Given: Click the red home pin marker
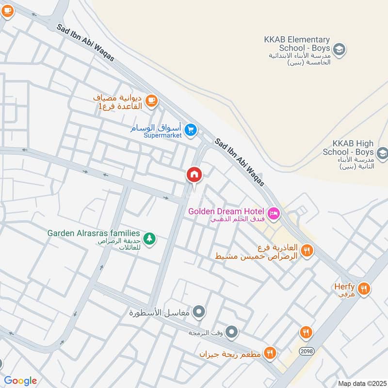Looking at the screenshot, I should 194,175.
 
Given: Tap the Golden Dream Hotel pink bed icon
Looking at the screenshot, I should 273,213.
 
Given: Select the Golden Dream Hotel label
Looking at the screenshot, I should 226,211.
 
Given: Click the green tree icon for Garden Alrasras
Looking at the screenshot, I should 150,238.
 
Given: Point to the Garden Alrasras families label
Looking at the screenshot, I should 94,233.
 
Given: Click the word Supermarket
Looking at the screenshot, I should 162,135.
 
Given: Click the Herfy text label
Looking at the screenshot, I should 344,286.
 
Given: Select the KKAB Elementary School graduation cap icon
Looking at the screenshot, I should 339,48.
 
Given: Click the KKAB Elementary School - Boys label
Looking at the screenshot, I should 297,44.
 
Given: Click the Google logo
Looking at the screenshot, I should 20,381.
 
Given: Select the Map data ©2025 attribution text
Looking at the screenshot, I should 361,383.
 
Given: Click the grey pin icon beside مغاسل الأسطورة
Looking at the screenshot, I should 199,312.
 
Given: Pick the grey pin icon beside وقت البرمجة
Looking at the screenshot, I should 232,333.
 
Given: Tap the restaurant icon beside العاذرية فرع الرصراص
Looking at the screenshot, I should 307,251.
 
